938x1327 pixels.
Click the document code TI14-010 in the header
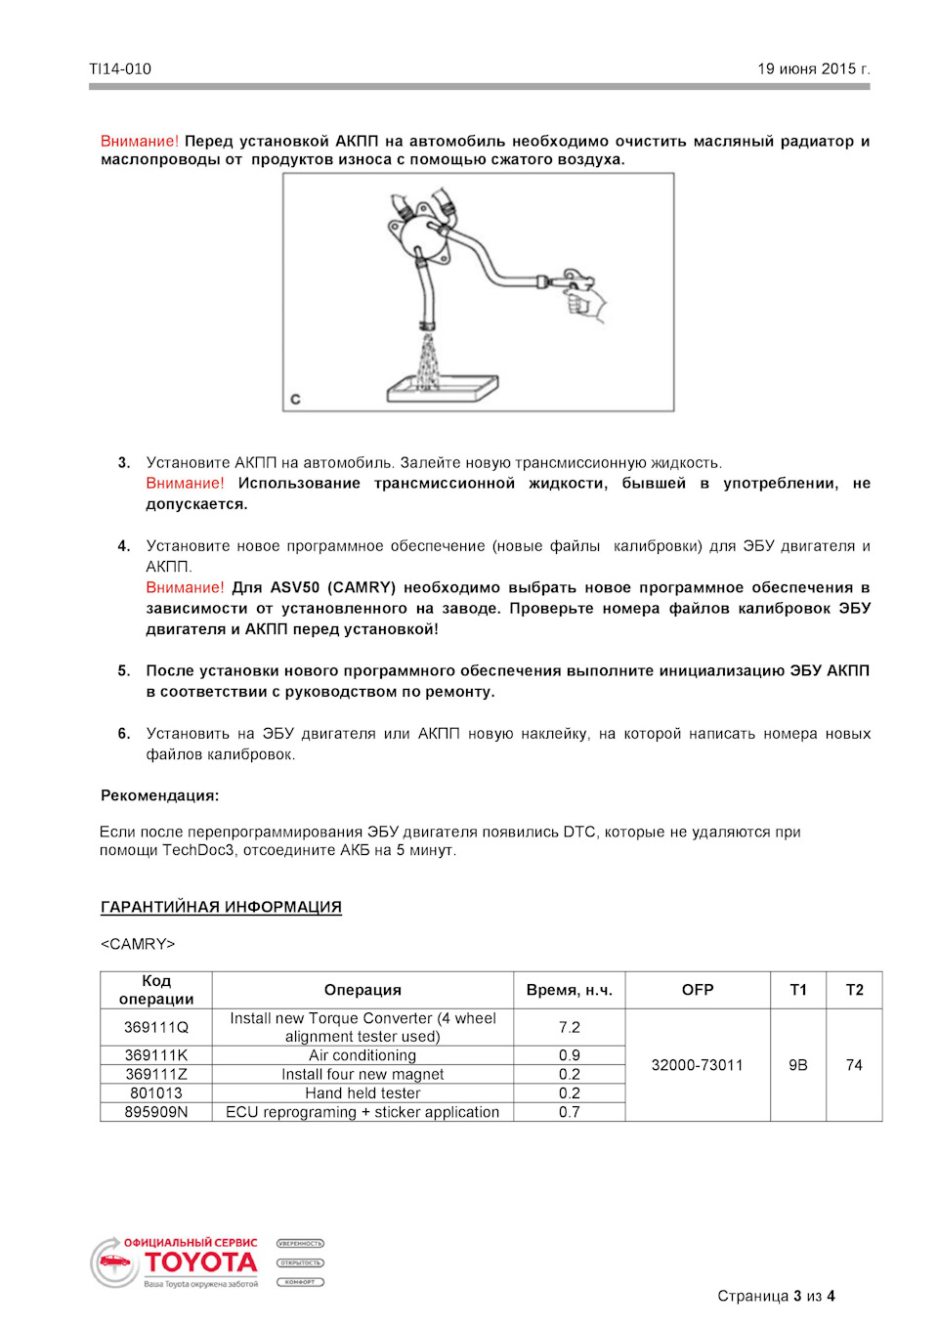click(x=120, y=69)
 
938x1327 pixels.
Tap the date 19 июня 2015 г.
click(x=813, y=69)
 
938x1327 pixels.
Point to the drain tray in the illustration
click(x=442, y=389)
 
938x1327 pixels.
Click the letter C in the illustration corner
click(x=295, y=399)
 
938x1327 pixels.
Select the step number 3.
click(x=124, y=462)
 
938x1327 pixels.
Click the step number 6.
click(x=124, y=733)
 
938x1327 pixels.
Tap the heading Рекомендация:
click(x=159, y=795)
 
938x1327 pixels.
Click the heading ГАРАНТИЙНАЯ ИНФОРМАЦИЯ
click(x=221, y=907)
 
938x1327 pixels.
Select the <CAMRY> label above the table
click(x=138, y=944)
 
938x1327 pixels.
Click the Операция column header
click(x=362, y=990)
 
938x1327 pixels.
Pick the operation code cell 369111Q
click(x=156, y=1027)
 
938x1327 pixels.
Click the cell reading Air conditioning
click(x=362, y=1055)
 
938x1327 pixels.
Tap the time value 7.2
click(x=569, y=1027)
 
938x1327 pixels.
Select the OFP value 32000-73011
click(x=697, y=1065)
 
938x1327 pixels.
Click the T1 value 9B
click(x=798, y=1065)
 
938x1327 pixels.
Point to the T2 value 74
click(x=854, y=1065)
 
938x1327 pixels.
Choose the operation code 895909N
click(x=156, y=1112)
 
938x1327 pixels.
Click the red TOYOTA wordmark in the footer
click(x=200, y=1263)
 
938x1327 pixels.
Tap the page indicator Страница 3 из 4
click(x=776, y=1296)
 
